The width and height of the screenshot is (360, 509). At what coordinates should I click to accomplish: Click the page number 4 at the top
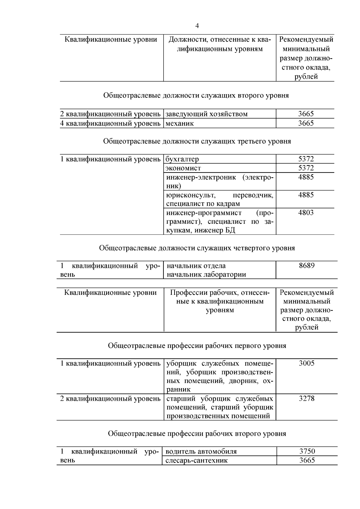(x=197, y=26)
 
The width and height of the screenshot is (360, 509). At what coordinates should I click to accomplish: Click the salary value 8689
(x=307, y=266)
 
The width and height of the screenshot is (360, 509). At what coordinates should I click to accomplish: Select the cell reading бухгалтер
(x=182, y=159)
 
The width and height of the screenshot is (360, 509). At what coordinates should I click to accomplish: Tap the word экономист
(x=183, y=168)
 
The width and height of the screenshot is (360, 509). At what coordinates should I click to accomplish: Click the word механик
(x=180, y=123)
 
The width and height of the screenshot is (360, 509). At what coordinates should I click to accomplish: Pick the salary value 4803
(x=306, y=213)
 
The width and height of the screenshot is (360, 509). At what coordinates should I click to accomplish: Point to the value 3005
(x=307, y=364)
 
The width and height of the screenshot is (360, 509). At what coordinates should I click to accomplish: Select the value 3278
(x=307, y=399)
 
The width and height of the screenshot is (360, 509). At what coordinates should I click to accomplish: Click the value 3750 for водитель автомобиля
(x=307, y=451)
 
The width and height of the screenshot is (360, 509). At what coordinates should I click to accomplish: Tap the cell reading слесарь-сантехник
(x=196, y=460)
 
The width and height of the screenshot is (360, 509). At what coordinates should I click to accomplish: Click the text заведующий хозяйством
(x=207, y=114)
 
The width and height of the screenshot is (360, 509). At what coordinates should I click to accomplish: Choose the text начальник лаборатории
(x=206, y=274)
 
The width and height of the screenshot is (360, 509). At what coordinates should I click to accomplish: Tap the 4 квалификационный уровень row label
(x=110, y=123)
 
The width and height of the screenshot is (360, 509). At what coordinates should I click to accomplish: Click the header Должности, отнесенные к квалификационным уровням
(x=220, y=44)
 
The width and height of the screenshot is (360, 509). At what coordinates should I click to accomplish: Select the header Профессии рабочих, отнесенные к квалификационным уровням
(x=220, y=301)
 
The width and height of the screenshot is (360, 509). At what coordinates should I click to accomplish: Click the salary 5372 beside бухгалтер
(x=306, y=159)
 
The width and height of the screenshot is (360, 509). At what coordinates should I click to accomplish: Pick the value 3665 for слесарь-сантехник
(x=307, y=460)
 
